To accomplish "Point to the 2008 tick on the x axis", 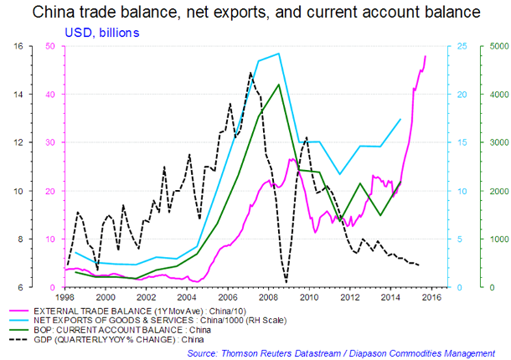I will click(268, 296).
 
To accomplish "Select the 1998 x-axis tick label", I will click(65, 296).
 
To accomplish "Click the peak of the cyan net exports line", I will click(278, 54).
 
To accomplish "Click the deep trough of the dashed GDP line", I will click(286, 282).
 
